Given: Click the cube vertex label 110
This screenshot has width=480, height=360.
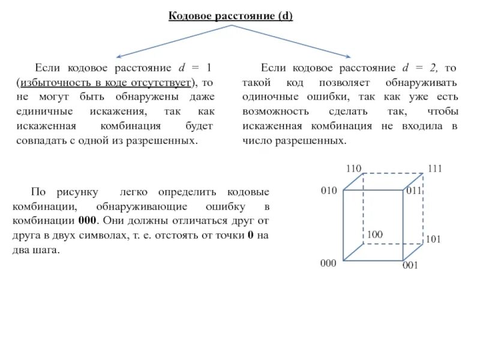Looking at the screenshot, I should [x=353, y=169].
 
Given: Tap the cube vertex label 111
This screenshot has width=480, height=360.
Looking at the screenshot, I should [x=434, y=169].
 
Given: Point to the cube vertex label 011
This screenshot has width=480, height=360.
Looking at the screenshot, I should [x=415, y=191].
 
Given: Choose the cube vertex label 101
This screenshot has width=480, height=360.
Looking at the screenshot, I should [x=434, y=239].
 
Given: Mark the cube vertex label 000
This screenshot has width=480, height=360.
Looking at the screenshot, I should [x=328, y=263].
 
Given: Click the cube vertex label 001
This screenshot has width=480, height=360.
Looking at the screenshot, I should [x=410, y=265].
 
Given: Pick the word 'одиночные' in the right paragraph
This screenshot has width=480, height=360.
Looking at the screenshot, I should [x=268, y=97].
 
